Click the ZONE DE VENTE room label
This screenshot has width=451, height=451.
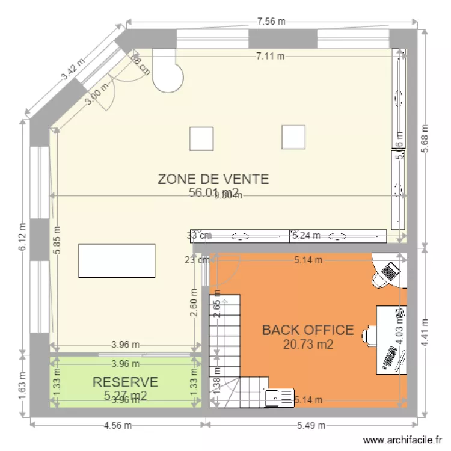click(x=213, y=179)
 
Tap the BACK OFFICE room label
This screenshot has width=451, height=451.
click(x=307, y=330)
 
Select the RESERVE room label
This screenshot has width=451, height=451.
click(x=125, y=382)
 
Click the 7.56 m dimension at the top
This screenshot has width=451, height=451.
click(x=271, y=22)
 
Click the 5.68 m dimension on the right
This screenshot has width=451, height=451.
click(x=425, y=139)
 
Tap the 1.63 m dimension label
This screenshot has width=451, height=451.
click(x=23, y=384)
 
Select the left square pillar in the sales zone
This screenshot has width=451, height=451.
click(x=201, y=138)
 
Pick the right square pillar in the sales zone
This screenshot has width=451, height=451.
click(x=293, y=137)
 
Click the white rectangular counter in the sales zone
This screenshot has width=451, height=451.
click(x=117, y=260)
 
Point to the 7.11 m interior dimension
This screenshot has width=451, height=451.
click(x=271, y=56)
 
